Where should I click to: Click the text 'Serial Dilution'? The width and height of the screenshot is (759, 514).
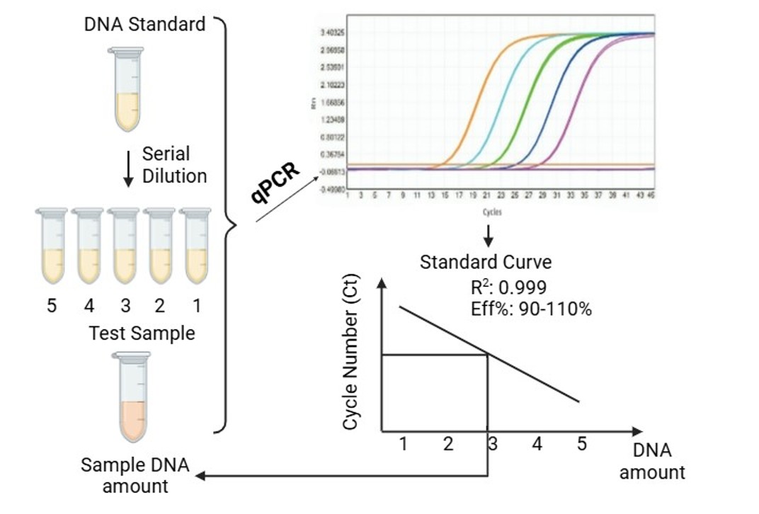[174, 165]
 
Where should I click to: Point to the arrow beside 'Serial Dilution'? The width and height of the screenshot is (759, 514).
[128, 167]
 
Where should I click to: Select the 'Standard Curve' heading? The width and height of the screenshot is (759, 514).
[485, 262]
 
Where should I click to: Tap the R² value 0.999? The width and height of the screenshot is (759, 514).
[521, 287]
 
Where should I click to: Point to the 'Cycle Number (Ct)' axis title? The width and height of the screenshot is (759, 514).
[350, 360]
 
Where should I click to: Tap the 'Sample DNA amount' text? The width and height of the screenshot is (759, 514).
[135, 476]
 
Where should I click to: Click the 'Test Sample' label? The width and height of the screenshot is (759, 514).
[142, 333]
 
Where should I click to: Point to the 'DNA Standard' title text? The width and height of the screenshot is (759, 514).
[144, 24]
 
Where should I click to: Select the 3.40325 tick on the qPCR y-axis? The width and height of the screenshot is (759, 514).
[331, 33]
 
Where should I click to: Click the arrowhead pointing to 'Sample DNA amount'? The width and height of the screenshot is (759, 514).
[201, 476]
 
